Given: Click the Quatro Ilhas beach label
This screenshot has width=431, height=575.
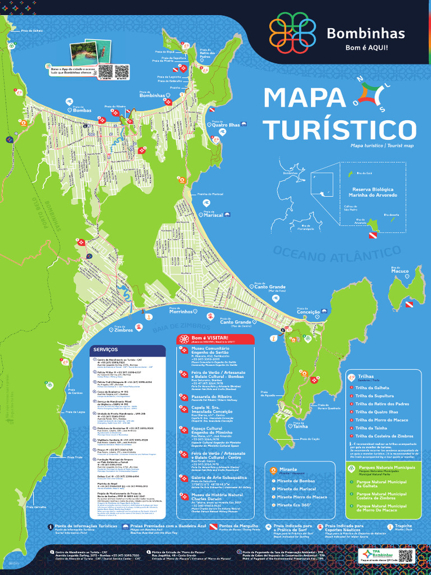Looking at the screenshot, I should pyautogui.click(x=226, y=124).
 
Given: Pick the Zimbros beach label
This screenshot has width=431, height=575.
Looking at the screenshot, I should pyautogui.click(x=123, y=330).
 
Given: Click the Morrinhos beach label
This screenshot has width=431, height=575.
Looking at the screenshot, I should pyautogui.click(x=185, y=311).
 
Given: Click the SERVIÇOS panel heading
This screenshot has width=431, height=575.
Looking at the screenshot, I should pyautogui.click(x=106, y=350).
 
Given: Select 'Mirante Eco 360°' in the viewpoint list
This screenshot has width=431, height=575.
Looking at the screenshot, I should pyautogui.click(x=294, y=505).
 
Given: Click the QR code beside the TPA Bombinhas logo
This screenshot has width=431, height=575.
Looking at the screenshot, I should pyautogui.click(x=406, y=556).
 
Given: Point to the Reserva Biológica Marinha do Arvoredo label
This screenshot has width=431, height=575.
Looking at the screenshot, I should pyautogui.click(x=373, y=192).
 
